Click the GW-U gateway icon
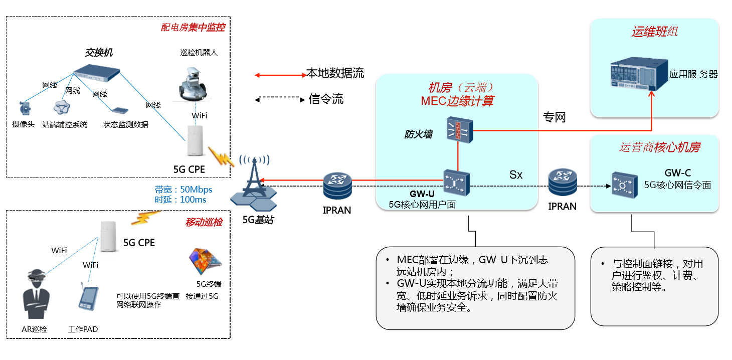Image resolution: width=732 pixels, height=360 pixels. pyautogui.click(x=456, y=183)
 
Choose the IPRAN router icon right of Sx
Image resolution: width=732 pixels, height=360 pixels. pyautogui.click(x=562, y=183)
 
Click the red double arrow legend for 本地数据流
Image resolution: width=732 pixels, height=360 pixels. pyautogui.click(x=280, y=75)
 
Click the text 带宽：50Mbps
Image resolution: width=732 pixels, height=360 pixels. pyautogui.click(x=184, y=190)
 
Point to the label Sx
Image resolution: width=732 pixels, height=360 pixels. pyautogui.click(x=516, y=174)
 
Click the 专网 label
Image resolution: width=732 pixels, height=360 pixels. pyautogui.click(x=554, y=117)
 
